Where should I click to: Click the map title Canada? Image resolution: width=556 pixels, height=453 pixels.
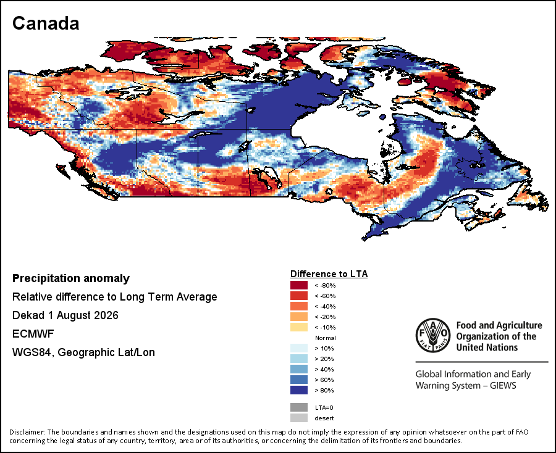tap(46, 23)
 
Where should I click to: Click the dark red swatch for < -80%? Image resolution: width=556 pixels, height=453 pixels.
tap(299, 285)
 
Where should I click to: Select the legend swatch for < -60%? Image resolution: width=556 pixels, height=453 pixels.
tap(299, 296)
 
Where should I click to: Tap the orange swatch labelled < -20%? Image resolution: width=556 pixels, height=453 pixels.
tap(299, 317)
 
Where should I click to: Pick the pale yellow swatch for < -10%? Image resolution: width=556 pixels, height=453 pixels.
tap(299, 327)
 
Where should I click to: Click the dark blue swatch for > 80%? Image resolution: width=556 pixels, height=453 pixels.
tap(299, 390)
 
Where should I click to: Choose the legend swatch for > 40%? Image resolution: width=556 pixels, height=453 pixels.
tap(299, 370)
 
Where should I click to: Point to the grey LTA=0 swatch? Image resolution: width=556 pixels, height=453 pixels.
tap(299, 407)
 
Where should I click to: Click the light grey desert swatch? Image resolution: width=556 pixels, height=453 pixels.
tap(299, 418)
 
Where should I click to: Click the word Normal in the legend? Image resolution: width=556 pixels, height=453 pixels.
tap(325, 338)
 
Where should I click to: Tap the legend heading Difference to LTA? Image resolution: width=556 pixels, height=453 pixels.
tap(329, 274)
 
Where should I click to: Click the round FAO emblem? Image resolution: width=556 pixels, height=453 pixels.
tap(433, 335)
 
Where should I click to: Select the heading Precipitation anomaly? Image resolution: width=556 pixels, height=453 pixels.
tap(71, 278)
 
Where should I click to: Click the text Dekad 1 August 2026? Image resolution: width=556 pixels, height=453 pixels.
tap(65, 315)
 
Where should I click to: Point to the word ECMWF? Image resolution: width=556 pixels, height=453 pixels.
tap(33, 334)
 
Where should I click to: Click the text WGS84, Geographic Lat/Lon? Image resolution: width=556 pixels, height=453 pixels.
tap(83, 352)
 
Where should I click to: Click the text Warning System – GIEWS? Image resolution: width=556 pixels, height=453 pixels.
tap(466, 385)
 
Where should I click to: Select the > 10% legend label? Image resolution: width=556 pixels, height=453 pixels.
tap(324, 348)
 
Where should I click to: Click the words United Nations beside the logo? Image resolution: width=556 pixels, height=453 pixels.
tap(487, 347)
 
